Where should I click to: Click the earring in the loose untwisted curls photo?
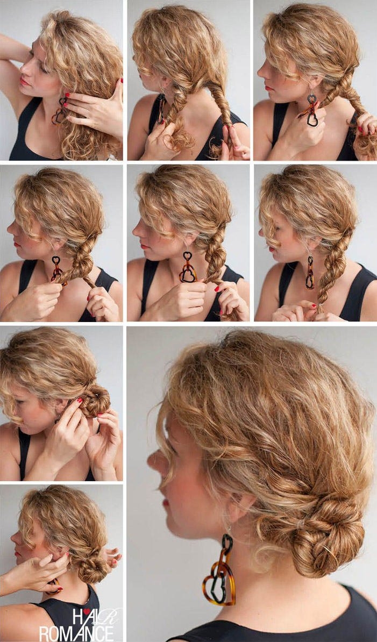pyautogui.click(x=60, y=111)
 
